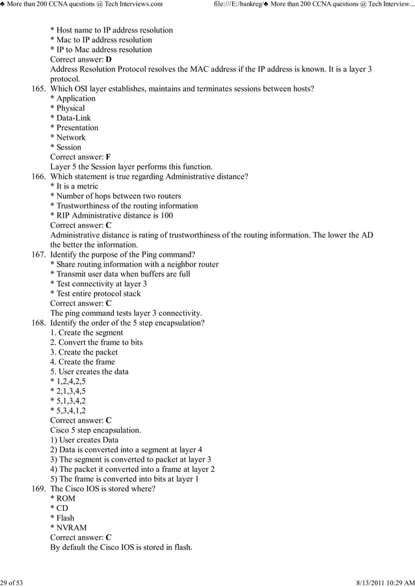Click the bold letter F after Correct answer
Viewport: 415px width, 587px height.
click(108, 157)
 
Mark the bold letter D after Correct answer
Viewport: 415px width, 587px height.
click(109, 60)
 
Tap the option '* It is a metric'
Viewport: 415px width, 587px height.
click(74, 187)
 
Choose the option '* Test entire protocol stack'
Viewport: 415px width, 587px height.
click(95, 294)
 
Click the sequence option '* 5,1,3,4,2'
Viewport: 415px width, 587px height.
click(68, 401)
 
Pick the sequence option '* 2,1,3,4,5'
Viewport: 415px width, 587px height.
click(68, 391)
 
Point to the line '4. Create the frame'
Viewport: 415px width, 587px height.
click(83, 362)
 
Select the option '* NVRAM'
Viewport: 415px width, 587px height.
click(68, 528)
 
